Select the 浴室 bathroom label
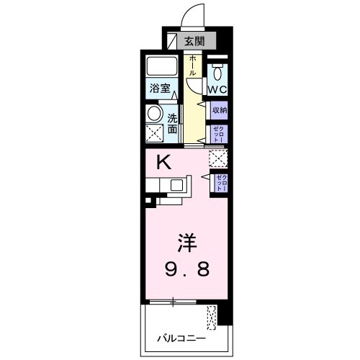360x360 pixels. click(161, 89)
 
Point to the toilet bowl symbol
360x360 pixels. click(218, 71)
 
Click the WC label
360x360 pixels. click(217, 89)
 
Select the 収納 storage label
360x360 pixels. click(219, 111)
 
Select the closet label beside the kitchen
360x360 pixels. click(220, 181)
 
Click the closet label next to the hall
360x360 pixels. click(219, 133)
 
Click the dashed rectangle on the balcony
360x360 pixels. click(211, 316)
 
